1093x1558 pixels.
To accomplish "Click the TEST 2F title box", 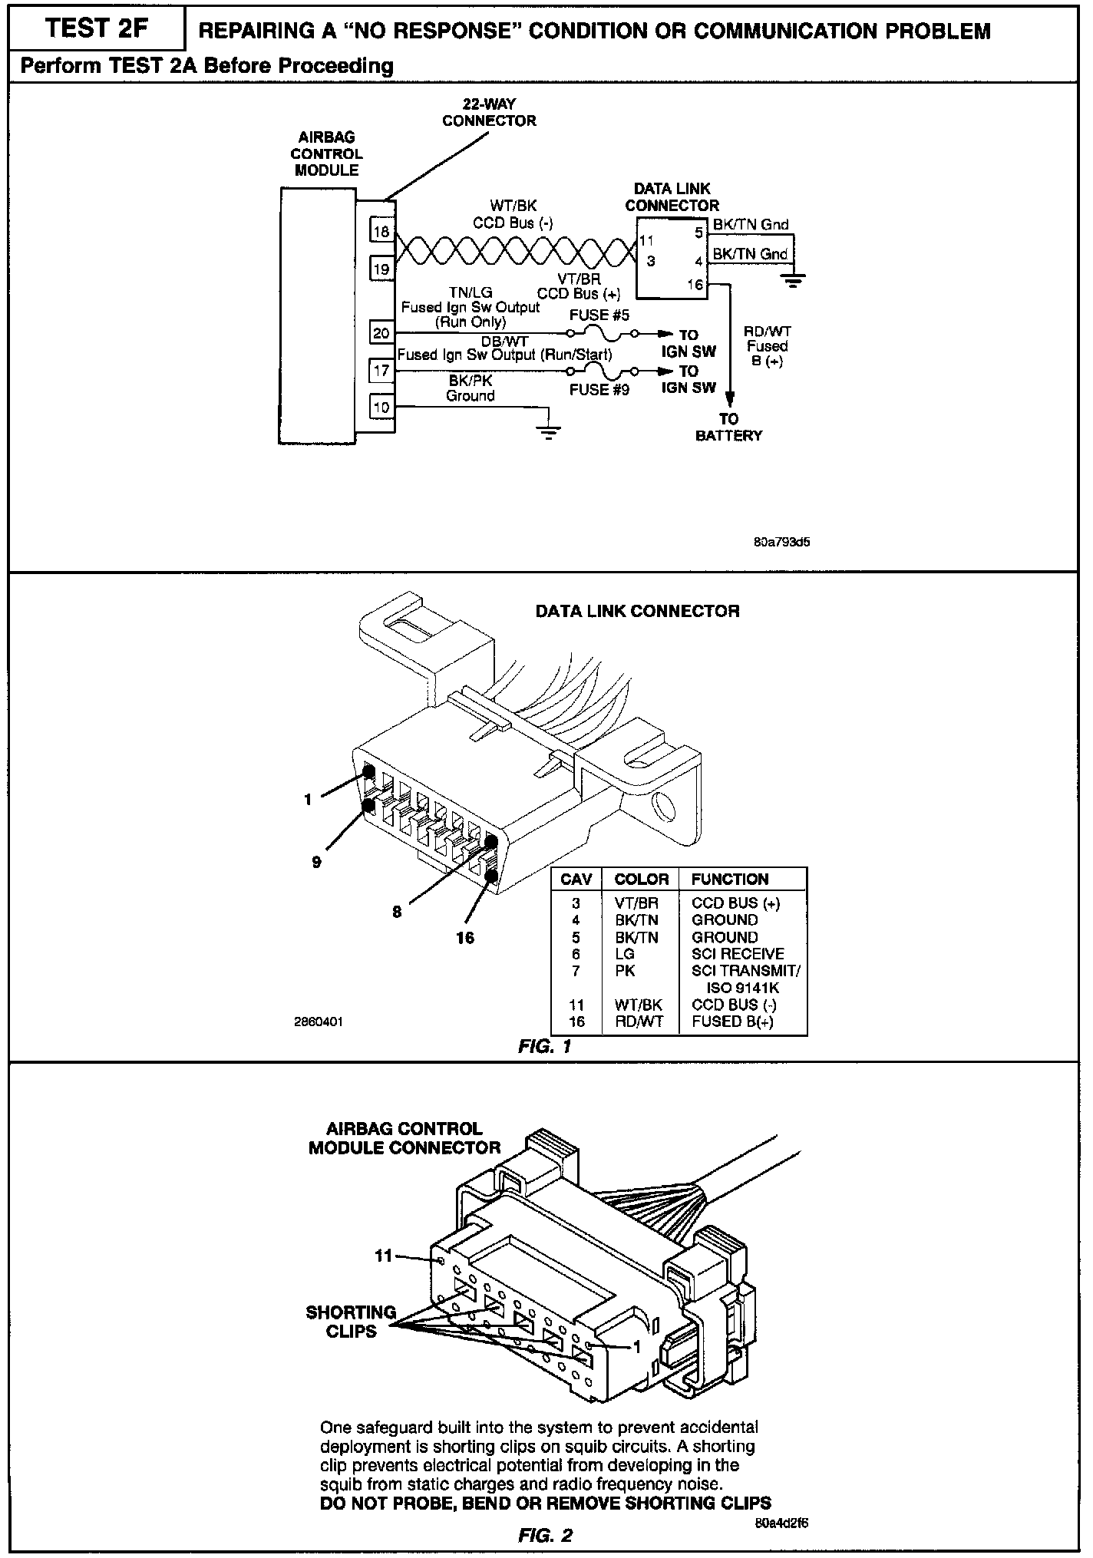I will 94,30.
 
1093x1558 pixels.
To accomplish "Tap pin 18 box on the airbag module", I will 381,231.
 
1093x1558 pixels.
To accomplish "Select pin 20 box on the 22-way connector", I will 381,333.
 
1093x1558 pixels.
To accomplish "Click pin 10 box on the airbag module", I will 381,407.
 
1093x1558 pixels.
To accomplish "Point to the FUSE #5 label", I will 599,315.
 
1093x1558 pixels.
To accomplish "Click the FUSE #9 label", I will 599,390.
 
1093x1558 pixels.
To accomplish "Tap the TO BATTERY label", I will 728,427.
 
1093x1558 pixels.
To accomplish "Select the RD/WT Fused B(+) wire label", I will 768,346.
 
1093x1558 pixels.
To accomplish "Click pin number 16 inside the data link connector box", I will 695,285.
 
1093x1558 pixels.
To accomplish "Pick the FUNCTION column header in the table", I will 729,880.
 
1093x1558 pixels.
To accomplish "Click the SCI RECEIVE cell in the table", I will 738,954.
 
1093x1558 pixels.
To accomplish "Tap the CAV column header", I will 576,880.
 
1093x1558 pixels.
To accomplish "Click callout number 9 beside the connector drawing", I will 316,862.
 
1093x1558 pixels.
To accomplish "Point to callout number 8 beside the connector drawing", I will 397,913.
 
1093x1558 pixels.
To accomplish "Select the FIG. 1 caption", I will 545,1047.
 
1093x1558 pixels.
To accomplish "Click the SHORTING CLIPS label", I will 351,1322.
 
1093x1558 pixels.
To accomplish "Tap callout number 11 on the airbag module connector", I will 383,1256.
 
